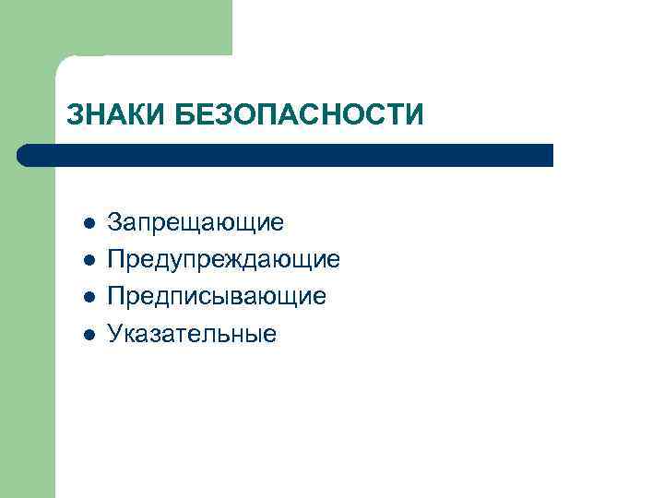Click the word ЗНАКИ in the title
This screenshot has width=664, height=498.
point(116,115)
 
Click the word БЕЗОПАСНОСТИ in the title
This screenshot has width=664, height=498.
point(299,115)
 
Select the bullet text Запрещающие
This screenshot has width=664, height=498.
point(196,223)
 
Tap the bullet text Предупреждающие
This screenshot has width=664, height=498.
point(223,260)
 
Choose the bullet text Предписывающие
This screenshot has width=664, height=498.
point(216,297)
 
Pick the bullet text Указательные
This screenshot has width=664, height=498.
point(191,333)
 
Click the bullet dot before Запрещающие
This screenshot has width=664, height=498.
point(88,223)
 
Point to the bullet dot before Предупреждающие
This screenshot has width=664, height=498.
point(88,260)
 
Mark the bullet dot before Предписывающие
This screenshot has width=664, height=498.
point(88,297)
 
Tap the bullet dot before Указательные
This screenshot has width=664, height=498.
point(88,333)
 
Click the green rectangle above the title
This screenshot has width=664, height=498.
point(138,28)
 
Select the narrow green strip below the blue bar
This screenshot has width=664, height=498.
point(28,332)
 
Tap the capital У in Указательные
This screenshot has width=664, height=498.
point(115,333)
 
